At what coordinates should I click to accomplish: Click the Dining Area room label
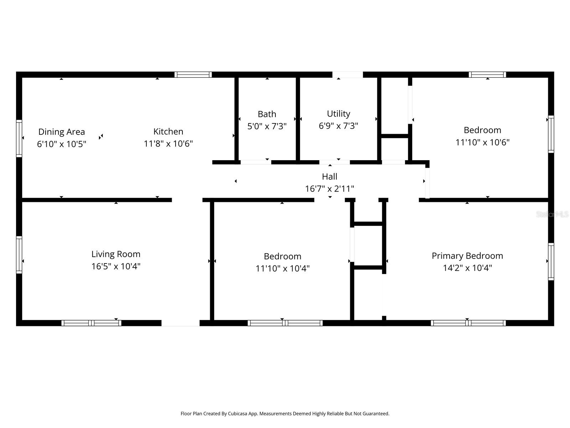pyautogui.click(x=62, y=132)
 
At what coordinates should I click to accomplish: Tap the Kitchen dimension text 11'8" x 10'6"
pyautogui.click(x=168, y=144)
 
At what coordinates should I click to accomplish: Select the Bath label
pyautogui.click(x=267, y=114)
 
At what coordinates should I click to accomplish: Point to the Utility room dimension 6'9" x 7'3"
pyautogui.click(x=338, y=126)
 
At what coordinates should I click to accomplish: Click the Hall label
pyautogui.click(x=330, y=177)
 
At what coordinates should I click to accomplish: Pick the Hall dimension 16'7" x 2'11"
pyautogui.click(x=330, y=189)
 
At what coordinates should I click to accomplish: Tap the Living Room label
pyautogui.click(x=116, y=254)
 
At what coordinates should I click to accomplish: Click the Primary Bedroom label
pyautogui.click(x=467, y=256)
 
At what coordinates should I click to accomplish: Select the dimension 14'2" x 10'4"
pyautogui.click(x=467, y=268)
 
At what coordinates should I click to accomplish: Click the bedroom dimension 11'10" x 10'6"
pyautogui.click(x=482, y=142)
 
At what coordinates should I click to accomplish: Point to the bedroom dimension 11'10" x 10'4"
pyautogui.click(x=283, y=268)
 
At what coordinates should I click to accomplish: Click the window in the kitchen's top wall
pyautogui.click(x=193, y=75)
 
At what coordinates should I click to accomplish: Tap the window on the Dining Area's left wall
pyautogui.click(x=19, y=138)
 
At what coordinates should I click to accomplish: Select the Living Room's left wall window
pyautogui.click(x=19, y=255)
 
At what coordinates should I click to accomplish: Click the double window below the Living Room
pyautogui.click(x=91, y=323)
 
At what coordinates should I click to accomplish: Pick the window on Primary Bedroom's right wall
pyautogui.click(x=551, y=261)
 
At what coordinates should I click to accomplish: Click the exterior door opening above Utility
pyautogui.click(x=347, y=75)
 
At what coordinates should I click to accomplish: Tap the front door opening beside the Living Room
pyautogui.click(x=180, y=323)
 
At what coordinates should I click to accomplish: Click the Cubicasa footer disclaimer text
pyautogui.click(x=285, y=414)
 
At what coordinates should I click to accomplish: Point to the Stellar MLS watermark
pyautogui.click(x=552, y=214)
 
